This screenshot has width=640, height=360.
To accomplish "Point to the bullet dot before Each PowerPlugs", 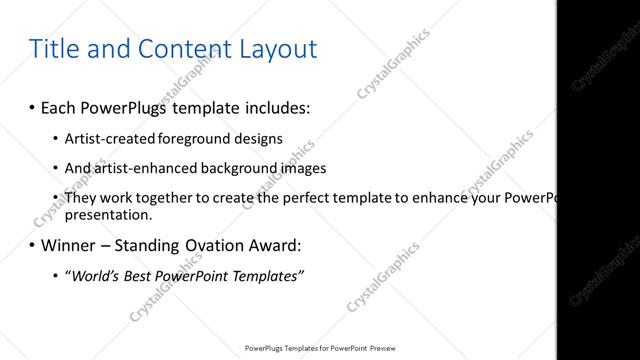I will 32,106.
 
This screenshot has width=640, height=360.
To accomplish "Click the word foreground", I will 189,138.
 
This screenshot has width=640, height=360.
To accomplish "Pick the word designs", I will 257,138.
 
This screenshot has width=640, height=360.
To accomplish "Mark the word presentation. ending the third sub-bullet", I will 108,214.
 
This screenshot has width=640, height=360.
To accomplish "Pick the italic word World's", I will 94,276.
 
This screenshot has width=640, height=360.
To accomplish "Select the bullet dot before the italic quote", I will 55,276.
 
